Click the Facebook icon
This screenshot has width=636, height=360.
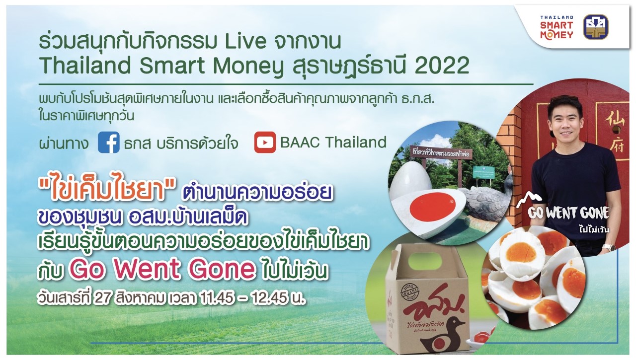tap(108, 143)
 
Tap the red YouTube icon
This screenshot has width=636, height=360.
tap(265, 143)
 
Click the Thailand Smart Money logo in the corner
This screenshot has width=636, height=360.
tap(556, 27)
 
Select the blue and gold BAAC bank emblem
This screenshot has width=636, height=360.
tap(595, 27)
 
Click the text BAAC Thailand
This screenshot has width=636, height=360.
tap(333, 142)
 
